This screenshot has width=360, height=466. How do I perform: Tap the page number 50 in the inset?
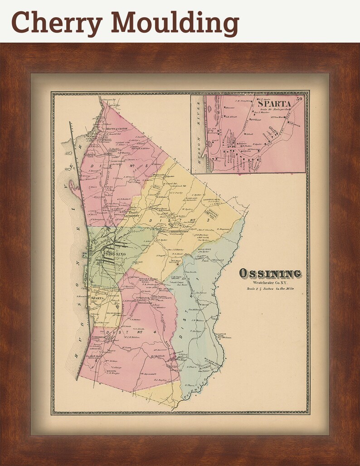pyautogui.click(x=299, y=98)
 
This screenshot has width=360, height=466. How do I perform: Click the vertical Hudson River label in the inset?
pyautogui.click(x=198, y=136)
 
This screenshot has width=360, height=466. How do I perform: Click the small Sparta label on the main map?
pyautogui.click(x=98, y=299)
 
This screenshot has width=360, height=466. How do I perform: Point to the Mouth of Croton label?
pyautogui.click(x=111, y=129)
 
